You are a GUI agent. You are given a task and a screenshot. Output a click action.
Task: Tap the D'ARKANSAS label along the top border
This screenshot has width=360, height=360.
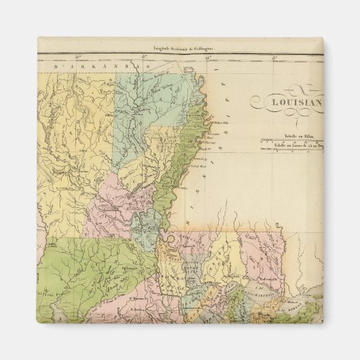click(x=102, y=67)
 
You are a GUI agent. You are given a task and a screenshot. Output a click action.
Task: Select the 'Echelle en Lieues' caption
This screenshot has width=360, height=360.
click(x=293, y=145)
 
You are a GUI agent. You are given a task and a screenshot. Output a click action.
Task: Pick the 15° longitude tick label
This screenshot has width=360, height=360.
click(x=144, y=57)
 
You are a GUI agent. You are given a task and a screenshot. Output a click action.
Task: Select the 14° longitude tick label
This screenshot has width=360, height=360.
click(x=209, y=57)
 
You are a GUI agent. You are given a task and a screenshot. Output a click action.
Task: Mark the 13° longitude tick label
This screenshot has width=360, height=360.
click(x=274, y=57)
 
